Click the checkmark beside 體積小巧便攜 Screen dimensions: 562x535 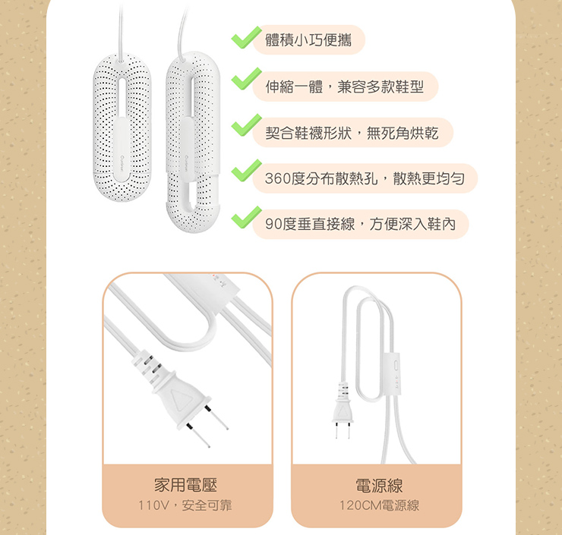pyautogui.click(x=246, y=38)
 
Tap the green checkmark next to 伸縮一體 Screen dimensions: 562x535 pyautogui.click(x=246, y=79)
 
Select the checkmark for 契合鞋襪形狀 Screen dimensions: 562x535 pyautogui.click(x=246, y=125)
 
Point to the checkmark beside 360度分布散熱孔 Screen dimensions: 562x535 pyautogui.click(x=246, y=171)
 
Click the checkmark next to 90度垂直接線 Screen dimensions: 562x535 pyautogui.click(x=246, y=217)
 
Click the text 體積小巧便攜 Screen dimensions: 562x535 pyautogui.click(x=308, y=39)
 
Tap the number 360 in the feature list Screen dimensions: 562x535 pyautogui.click(x=278, y=178)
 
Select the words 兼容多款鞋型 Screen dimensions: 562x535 pyautogui.click(x=380, y=87)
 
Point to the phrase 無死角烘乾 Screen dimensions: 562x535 pyautogui.click(x=403, y=133)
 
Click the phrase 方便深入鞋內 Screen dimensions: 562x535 pyautogui.click(x=412, y=225)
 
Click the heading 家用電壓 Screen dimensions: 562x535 pyautogui.click(x=185, y=485)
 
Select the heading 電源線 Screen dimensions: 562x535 pyautogui.click(x=379, y=486)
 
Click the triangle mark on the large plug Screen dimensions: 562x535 pyautogui.click(x=180, y=400)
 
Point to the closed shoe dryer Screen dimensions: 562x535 pyautogui.click(x=122, y=127)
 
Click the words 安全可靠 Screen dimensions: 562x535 pyautogui.click(x=207, y=505)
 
